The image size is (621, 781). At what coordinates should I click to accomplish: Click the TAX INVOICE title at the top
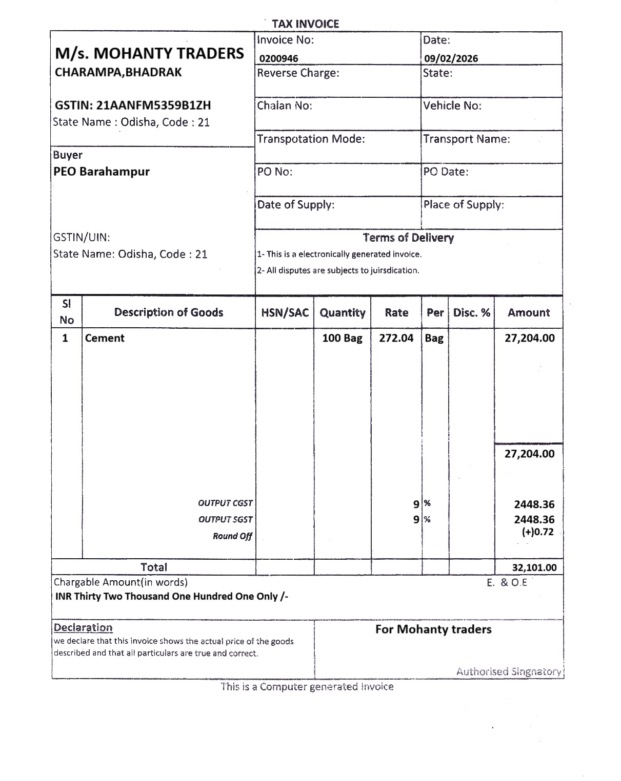[x=305, y=24]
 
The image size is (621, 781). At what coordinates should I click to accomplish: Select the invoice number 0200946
[x=278, y=58]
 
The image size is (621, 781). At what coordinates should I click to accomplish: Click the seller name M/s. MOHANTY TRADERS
[x=149, y=53]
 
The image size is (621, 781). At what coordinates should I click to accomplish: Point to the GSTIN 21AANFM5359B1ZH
[x=133, y=105]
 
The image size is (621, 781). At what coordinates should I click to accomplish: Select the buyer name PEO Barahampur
[x=102, y=172]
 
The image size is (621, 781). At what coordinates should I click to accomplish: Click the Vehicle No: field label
[x=452, y=106]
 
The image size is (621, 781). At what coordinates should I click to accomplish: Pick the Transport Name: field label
[x=467, y=139]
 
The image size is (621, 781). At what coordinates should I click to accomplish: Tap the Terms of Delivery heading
[x=408, y=238]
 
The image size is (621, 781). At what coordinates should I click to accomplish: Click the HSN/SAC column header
[x=285, y=312]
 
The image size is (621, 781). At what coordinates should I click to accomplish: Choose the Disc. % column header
[x=471, y=312]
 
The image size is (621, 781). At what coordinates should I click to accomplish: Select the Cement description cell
[x=105, y=338]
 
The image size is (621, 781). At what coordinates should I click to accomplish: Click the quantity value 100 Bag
[x=342, y=338]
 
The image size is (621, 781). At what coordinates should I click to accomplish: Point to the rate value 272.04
[x=396, y=338]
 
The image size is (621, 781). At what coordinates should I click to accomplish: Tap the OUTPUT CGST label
[x=225, y=503]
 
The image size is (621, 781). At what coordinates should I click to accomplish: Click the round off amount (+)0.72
[x=537, y=532]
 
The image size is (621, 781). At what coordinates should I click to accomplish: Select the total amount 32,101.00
[x=534, y=567]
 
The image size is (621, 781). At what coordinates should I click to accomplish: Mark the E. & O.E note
[x=507, y=582]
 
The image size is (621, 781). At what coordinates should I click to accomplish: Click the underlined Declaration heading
[x=83, y=628]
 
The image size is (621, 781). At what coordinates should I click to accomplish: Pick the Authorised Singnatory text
[x=509, y=671]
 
